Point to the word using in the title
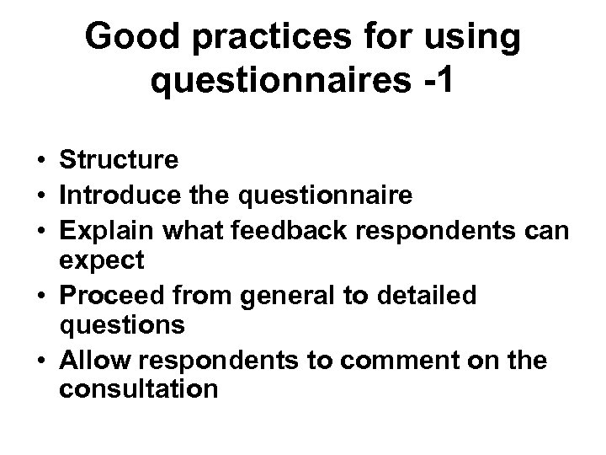pyautogui.click(x=470, y=37)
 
